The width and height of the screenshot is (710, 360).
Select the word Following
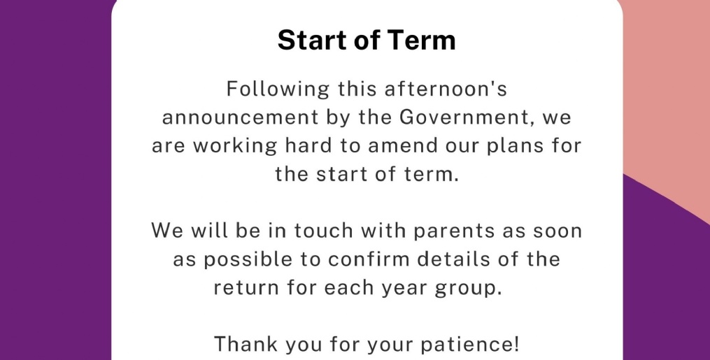pos(278,89)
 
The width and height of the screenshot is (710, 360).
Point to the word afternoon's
pos(446,89)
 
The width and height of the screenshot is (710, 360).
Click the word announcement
pos(241,118)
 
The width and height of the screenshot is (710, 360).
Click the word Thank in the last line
pos(246,344)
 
